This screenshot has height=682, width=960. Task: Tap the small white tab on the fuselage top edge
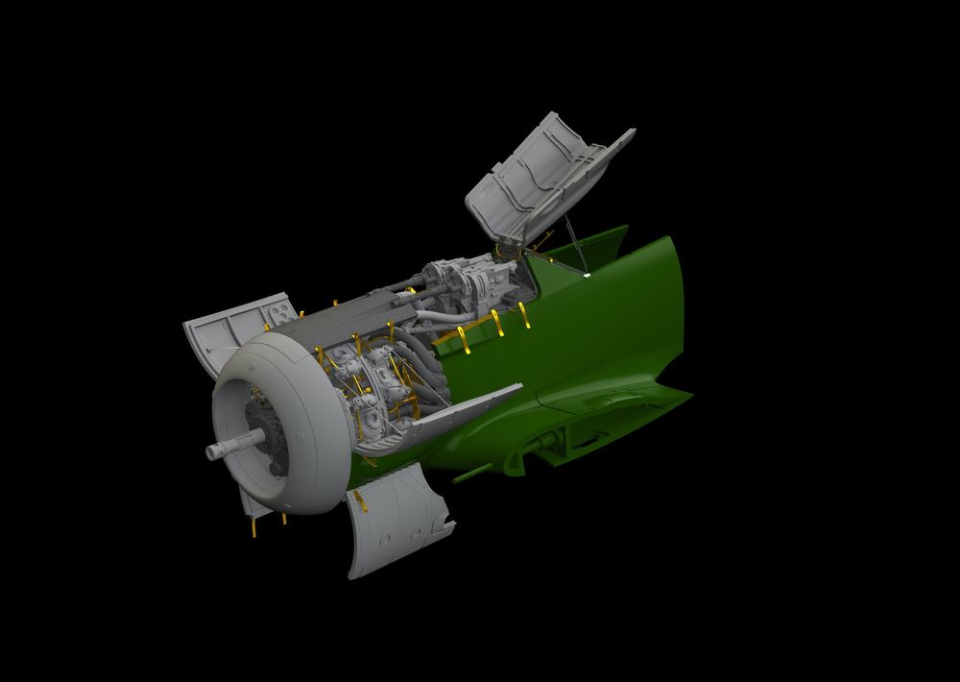point(587,276)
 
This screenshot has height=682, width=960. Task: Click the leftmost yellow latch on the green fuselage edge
point(441,338)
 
